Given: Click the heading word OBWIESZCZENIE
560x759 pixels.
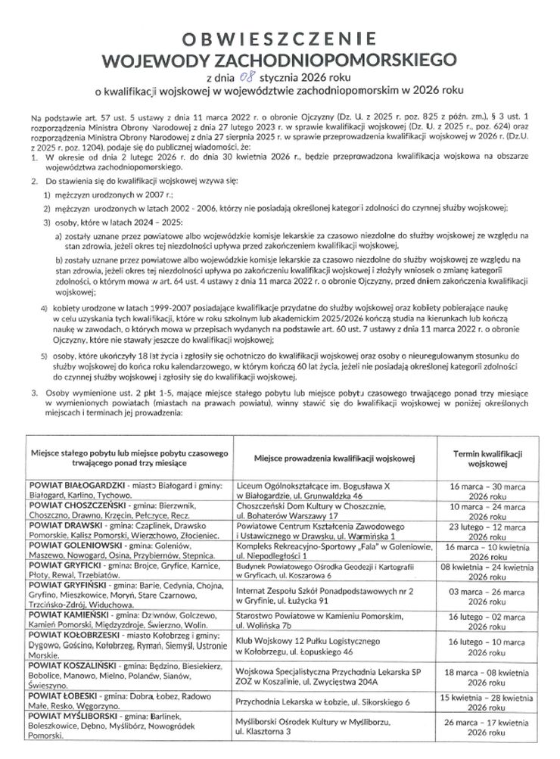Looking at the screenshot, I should click(281, 38).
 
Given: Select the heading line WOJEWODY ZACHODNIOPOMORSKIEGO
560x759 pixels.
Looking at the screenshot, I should click(281, 58).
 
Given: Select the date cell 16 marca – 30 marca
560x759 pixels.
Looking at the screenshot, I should click(476, 489).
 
